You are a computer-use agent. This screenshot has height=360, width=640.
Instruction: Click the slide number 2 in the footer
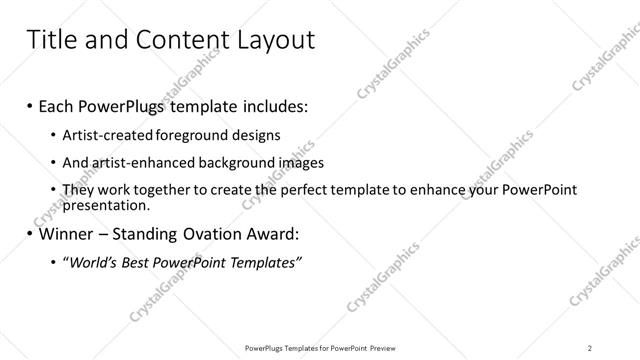pos(590,347)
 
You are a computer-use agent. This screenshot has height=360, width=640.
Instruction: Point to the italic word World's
pos(94,262)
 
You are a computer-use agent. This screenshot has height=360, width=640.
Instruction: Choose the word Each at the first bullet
pos(56,105)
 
